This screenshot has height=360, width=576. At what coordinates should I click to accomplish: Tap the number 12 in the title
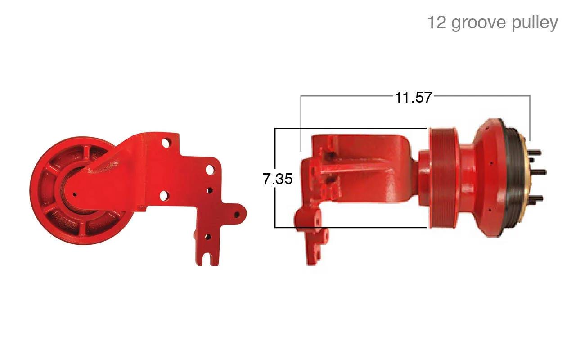436,22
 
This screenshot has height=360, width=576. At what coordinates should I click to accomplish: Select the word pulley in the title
535,23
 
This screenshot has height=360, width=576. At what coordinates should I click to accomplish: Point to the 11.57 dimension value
413,98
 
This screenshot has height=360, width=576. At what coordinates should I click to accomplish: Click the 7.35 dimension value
278,179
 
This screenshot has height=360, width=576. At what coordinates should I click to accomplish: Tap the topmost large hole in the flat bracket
166,143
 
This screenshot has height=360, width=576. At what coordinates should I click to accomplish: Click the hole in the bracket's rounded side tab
237,215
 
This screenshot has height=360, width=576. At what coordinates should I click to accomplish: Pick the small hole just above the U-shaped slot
208,237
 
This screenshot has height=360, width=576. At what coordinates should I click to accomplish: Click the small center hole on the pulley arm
75,194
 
